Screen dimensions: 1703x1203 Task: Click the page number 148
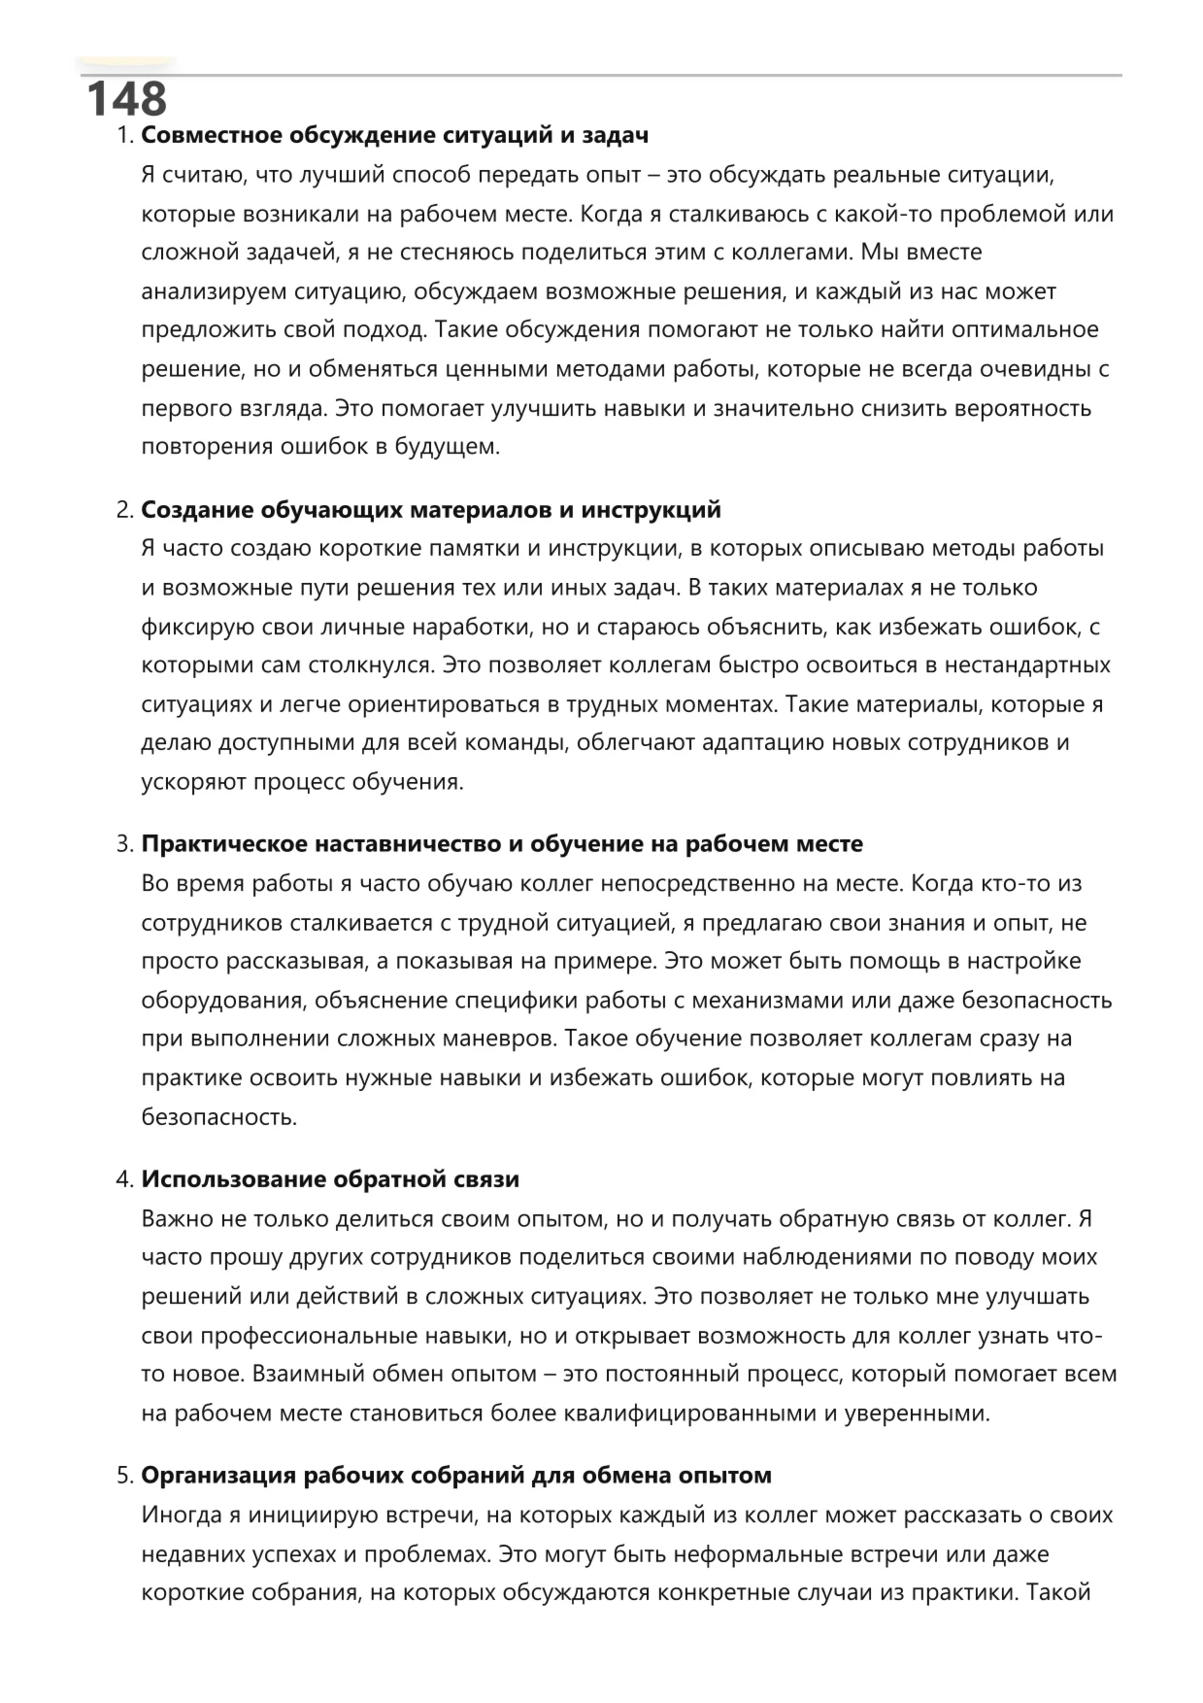(126, 99)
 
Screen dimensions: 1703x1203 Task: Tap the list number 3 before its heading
(124, 844)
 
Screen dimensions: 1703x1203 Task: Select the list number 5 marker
(124, 1476)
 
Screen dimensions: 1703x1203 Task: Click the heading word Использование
(233, 1179)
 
